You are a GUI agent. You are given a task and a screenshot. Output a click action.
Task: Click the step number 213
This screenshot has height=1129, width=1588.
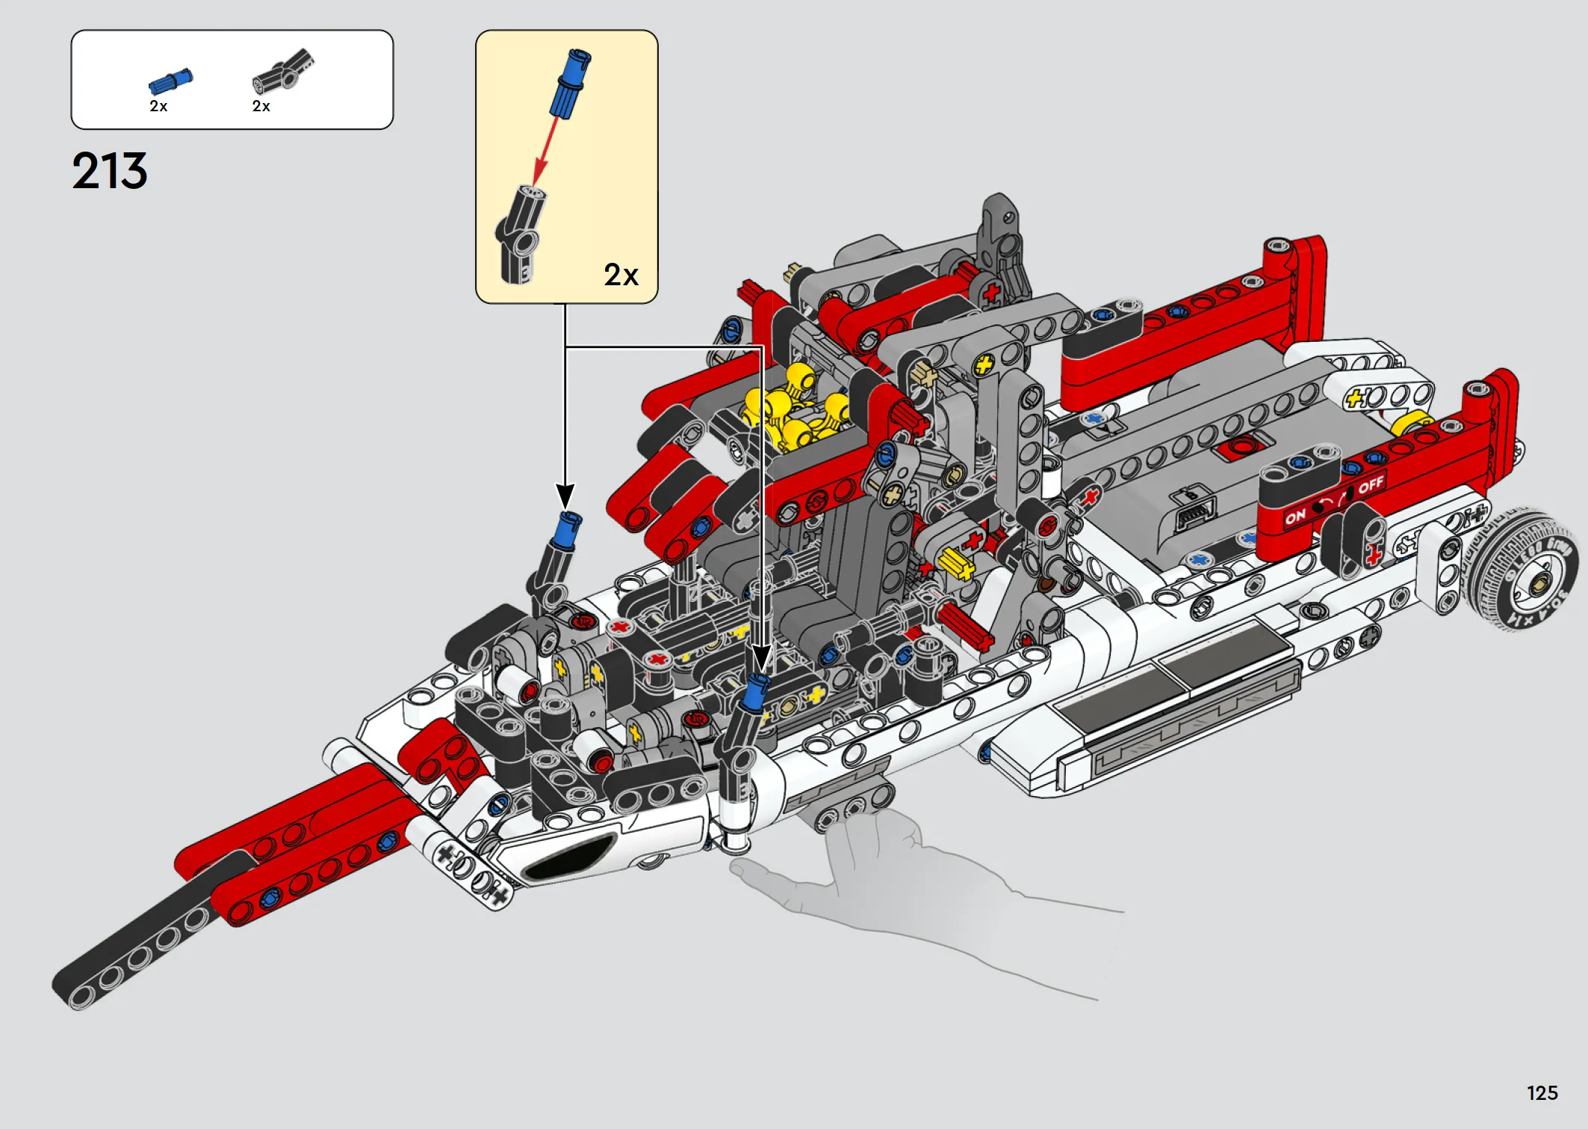tap(110, 171)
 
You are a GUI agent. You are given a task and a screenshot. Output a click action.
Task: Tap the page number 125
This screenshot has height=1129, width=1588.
tap(1542, 1093)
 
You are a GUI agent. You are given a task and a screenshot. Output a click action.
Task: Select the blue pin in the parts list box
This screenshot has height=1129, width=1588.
tap(171, 81)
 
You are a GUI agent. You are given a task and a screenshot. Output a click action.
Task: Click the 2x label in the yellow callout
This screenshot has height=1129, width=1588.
tap(621, 275)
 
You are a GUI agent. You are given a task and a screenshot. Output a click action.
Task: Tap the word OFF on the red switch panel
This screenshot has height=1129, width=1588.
tap(1371, 486)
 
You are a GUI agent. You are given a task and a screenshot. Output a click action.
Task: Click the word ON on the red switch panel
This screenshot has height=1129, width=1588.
tap(1295, 516)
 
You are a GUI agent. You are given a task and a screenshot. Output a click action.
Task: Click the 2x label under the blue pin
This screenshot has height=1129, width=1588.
tap(158, 106)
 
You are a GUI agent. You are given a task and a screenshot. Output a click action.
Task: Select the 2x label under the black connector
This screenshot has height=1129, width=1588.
tap(261, 106)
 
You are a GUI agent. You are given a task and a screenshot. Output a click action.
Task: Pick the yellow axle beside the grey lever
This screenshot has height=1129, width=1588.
tap(956, 564)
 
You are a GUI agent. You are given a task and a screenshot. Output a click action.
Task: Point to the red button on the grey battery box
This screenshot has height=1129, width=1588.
tap(1242, 447)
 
